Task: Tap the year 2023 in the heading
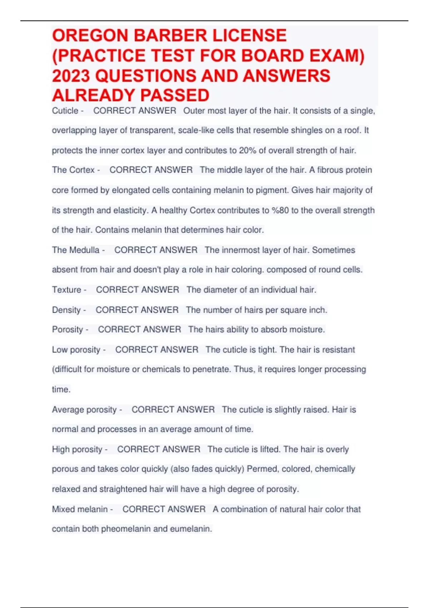coord(70,76)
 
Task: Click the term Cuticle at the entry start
coord(65,111)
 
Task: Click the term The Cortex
coord(73,170)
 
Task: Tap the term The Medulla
coord(76,250)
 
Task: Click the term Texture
coord(66,290)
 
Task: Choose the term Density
coord(66,310)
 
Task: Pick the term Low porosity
coord(76,349)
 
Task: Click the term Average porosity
coord(84,410)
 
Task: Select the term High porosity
coord(77,449)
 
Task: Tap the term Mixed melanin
coord(80,509)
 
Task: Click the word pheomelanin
coord(126,529)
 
